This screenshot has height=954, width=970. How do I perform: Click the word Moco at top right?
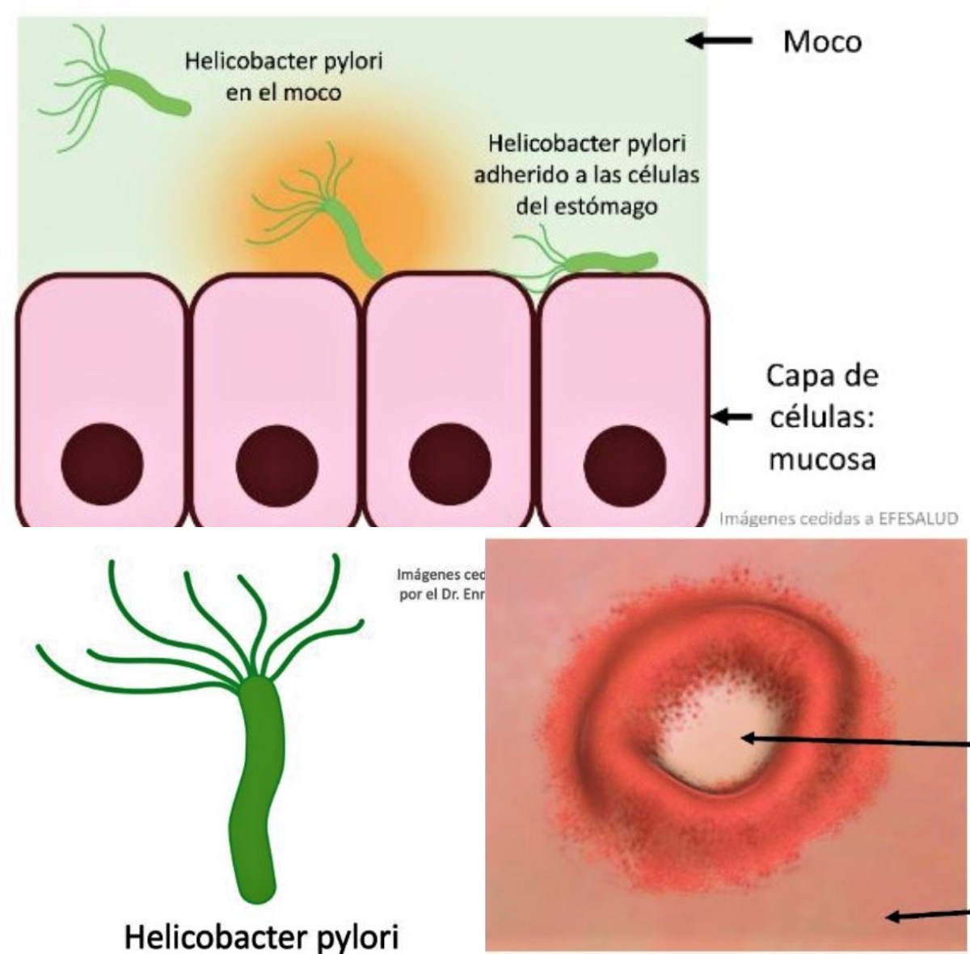(x=822, y=41)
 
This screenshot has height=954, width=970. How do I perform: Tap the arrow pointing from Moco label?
(x=720, y=40)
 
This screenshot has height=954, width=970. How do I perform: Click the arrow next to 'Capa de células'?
(x=731, y=417)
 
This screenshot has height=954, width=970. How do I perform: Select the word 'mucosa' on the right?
(x=822, y=458)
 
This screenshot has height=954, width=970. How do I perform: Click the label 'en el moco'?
(x=284, y=92)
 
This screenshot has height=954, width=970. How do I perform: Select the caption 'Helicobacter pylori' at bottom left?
(x=262, y=938)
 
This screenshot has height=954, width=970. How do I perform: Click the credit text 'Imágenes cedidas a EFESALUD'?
(x=837, y=519)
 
